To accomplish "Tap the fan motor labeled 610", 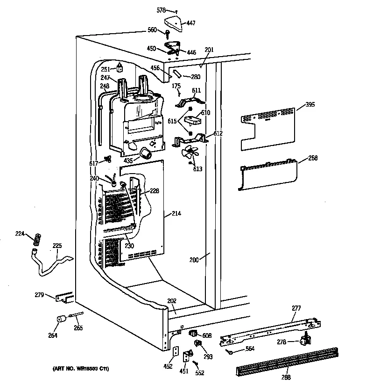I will pos(192,120).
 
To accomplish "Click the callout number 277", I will pos(296,308).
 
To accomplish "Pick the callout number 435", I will pos(129,160).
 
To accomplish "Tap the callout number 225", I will pos(56,245).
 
